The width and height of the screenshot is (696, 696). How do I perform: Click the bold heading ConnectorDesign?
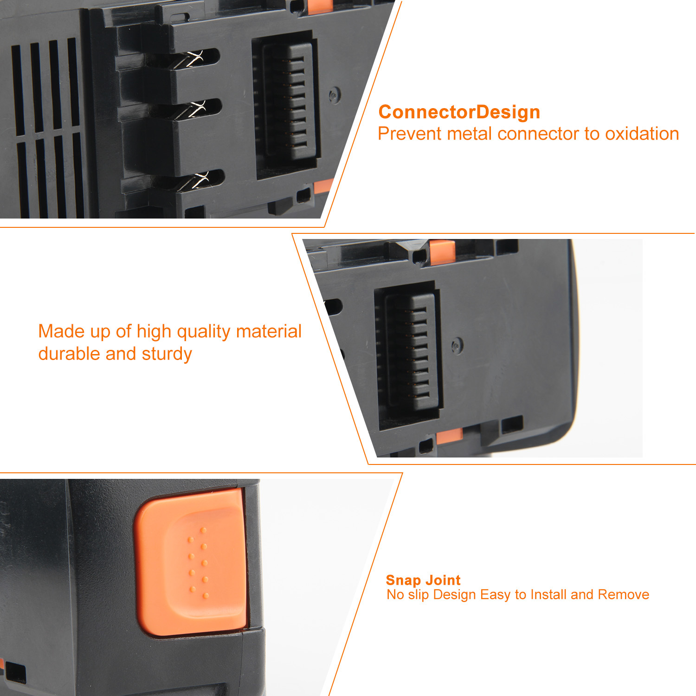pos(459,113)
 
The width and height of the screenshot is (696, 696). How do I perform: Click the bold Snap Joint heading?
pos(423,580)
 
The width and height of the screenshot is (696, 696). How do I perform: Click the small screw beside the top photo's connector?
pos(335,95)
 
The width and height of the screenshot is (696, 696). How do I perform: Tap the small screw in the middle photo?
pos(457,345)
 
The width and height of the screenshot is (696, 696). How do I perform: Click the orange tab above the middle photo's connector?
pos(442,252)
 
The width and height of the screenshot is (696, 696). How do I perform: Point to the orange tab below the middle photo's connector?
pos(449,436)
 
